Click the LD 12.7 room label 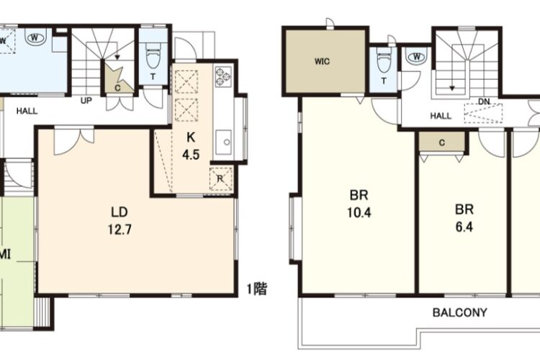click(120, 220)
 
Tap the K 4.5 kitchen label click(191, 146)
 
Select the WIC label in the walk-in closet click(322, 62)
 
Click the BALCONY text click(460, 312)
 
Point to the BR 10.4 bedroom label click(359, 204)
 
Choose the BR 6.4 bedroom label click(464, 217)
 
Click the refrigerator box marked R click(220, 179)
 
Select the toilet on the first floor click(153, 57)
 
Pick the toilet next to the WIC click(384, 60)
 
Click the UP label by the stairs click(86, 101)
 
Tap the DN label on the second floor click(484, 102)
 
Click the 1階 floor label click(257, 289)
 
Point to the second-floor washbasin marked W click(416, 56)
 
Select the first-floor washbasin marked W click(35, 38)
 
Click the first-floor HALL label click(27, 111)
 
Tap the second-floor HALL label click(441, 116)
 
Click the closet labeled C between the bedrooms click(442, 143)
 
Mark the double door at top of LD click(73, 141)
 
